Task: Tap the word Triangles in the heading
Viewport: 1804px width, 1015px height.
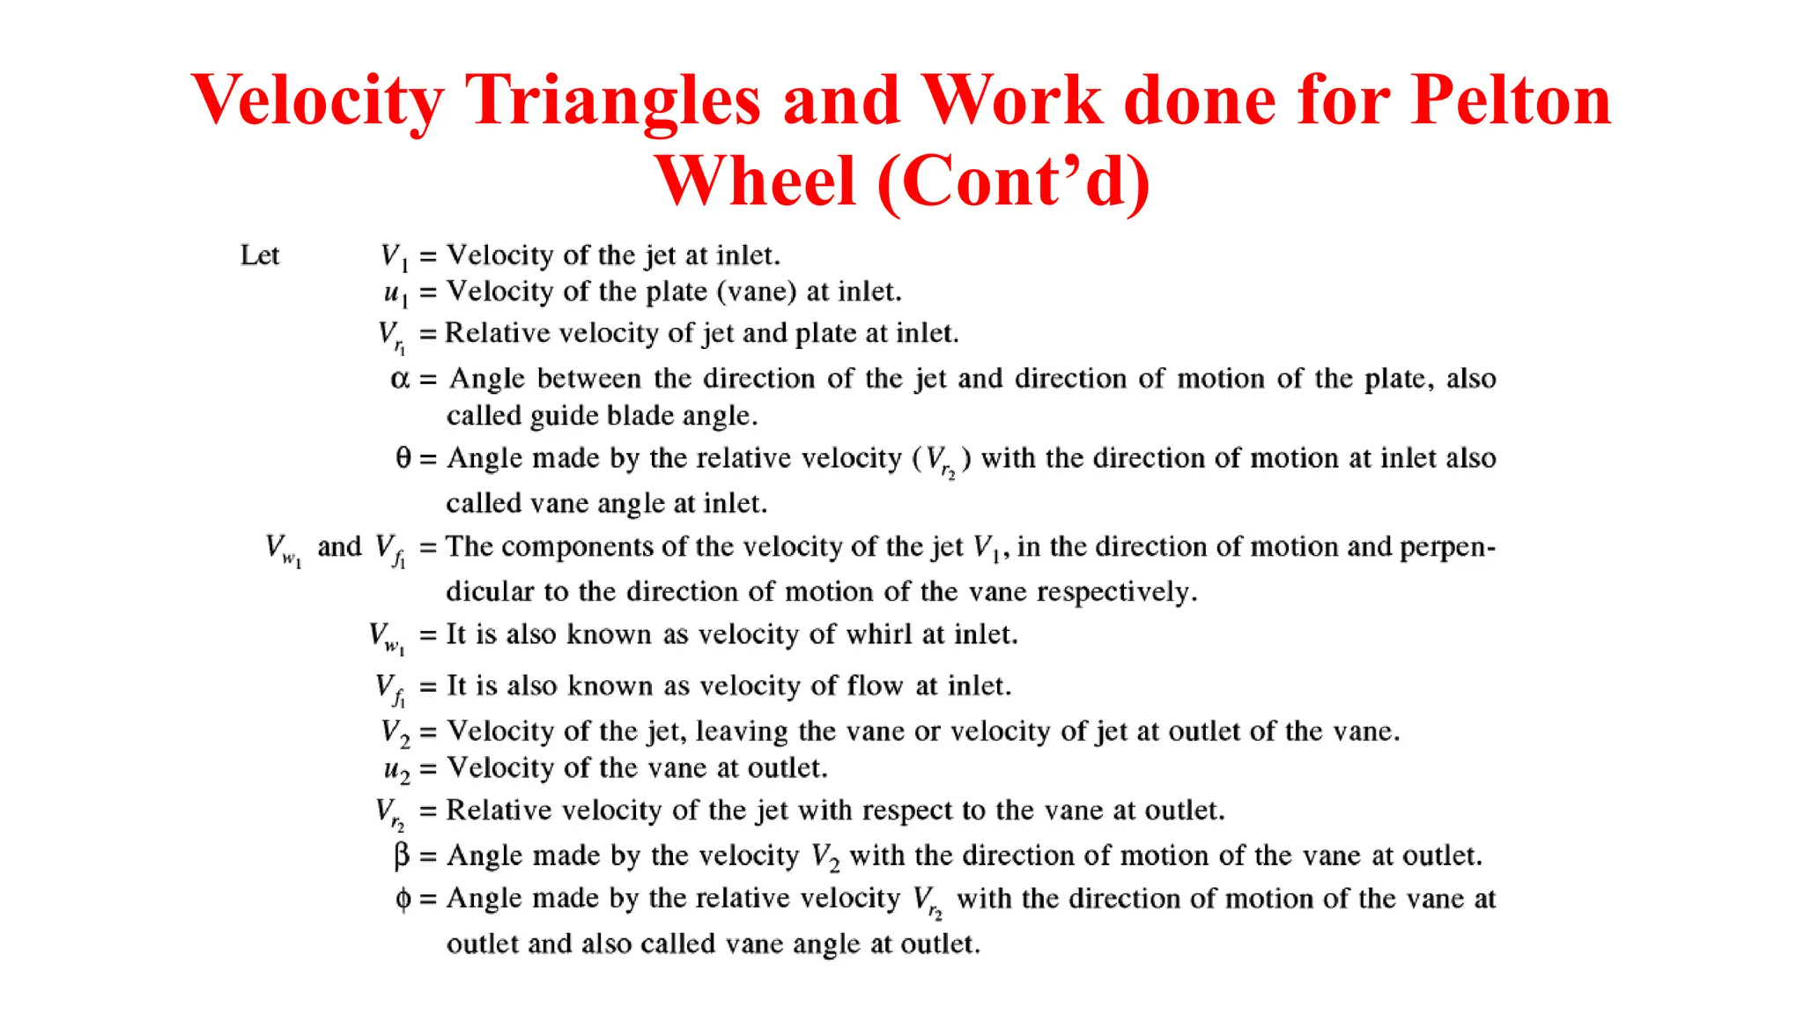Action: (612, 100)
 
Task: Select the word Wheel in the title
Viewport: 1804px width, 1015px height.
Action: (756, 181)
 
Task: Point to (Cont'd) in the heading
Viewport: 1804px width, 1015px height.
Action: (1014, 181)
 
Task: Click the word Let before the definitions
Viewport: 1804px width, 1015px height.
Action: (260, 256)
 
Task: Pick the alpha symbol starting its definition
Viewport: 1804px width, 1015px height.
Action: (400, 379)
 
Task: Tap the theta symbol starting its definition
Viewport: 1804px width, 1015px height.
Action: (403, 458)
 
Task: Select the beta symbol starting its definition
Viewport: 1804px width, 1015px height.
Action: (402, 855)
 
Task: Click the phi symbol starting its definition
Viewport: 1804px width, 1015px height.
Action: (403, 899)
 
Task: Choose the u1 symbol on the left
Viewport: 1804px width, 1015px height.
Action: (396, 293)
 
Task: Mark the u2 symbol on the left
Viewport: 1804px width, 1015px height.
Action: (396, 769)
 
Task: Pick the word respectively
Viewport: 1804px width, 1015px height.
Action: (1116, 591)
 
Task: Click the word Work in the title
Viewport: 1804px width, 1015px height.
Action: (1012, 100)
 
